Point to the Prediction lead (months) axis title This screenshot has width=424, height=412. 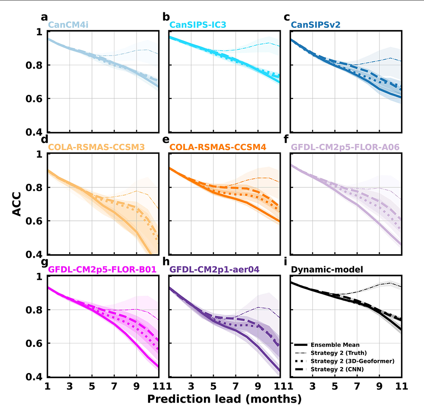click(224, 399)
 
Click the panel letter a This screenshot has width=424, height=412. click(44, 17)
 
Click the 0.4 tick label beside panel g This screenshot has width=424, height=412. click(34, 377)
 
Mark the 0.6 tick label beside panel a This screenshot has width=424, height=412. click(34, 99)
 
